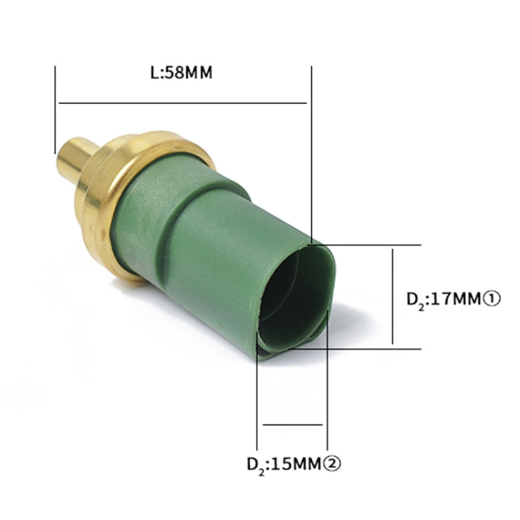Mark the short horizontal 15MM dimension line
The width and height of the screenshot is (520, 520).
[293, 425]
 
